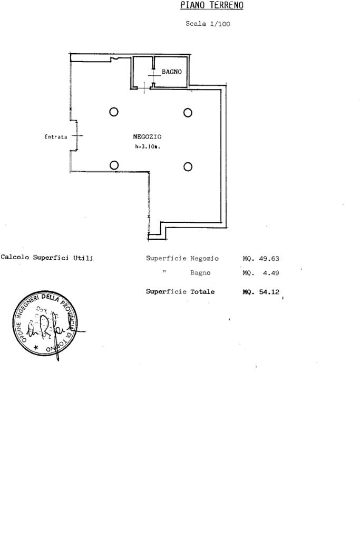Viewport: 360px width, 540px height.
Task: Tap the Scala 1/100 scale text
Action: click(208, 24)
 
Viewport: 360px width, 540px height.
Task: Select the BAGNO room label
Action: click(171, 72)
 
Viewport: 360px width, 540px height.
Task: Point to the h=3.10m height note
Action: click(147, 147)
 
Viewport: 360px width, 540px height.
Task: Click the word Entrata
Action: click(56, 137)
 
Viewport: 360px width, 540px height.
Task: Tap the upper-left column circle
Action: click(113, 112)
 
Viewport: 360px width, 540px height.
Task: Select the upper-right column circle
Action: click(188, 112)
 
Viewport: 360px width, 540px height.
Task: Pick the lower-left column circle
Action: click(114, 165)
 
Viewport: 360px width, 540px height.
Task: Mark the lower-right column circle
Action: click(188, 166)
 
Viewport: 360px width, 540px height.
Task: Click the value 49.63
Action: click(269, 259)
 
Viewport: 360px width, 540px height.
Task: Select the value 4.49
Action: click(271, 273)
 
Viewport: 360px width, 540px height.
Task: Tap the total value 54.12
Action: click(269, 291)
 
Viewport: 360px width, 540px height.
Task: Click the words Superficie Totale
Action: click(180, 291)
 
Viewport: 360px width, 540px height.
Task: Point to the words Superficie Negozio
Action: click(182, 259)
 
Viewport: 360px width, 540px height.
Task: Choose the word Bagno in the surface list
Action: click(200, 273)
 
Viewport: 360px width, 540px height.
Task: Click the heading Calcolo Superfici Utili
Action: click(47, 258)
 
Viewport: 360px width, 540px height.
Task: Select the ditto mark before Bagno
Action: click(165, 272)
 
